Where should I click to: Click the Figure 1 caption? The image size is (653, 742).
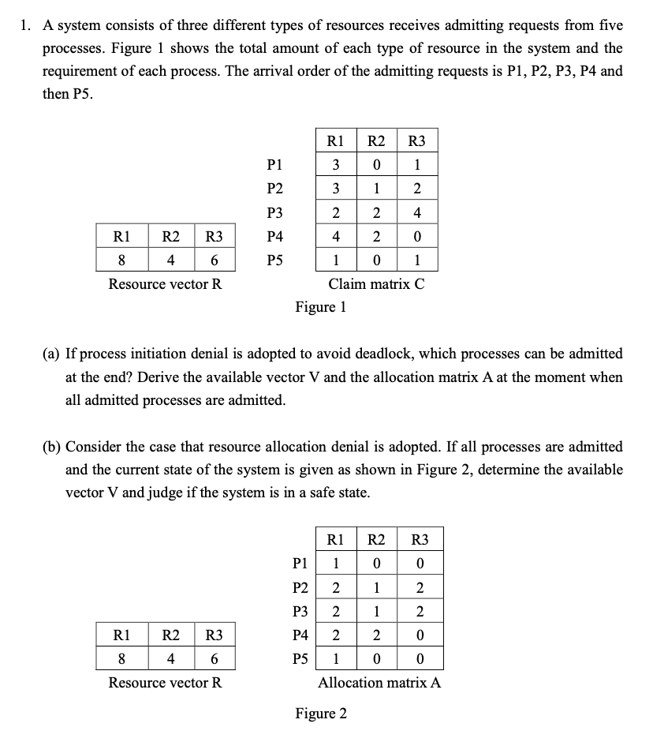pos(320,306)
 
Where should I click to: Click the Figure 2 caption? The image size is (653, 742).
pos(320,714)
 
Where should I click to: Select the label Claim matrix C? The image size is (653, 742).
pos(376,284)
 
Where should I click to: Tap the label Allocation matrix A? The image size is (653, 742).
pos(379,682)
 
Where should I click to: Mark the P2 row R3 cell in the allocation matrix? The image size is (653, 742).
pos(420,587)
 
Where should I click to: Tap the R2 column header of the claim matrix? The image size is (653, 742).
pos(376,142)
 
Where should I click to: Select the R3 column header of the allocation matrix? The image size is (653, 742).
pos(420,541)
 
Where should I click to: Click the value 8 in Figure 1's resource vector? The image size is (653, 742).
pos(121,260)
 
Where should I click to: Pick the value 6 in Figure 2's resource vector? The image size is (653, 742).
pos(212,658)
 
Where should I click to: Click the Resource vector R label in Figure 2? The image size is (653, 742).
pos(165,682)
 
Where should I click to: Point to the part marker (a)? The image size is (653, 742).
pos(51,354)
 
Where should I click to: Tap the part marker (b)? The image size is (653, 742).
pos(51,447)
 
